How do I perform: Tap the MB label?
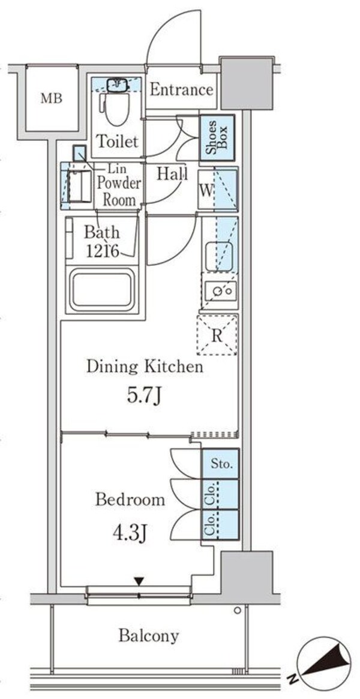point(52,98)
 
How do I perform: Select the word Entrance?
point(181,90)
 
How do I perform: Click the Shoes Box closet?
point(217,138)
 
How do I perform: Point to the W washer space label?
point(205,190)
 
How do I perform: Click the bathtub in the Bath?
point(102,290)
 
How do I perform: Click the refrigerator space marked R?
point(217,335)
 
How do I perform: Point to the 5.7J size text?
point(143,395)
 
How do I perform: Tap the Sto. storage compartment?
point(220,464)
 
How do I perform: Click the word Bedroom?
point(130,500)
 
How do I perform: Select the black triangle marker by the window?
point(139,581)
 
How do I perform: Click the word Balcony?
point(149,635)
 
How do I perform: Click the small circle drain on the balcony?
point(238,610)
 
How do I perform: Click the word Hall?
point(172,173)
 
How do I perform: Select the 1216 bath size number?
point(103,252)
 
